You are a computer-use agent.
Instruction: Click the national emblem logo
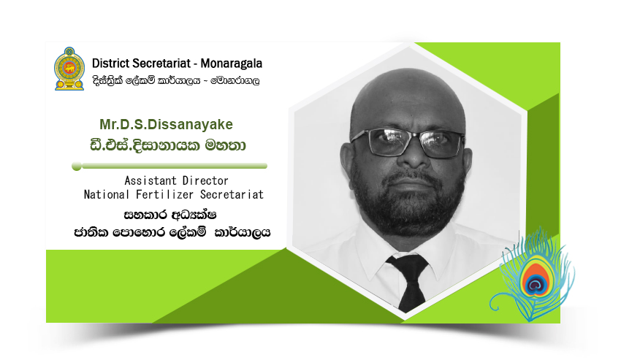pyautogui.click(x=69, y=69)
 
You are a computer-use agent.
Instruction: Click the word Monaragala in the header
pyautogui.click(x=232, y=64)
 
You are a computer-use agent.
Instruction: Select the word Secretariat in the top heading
pyautogui.click(x=161, y=64)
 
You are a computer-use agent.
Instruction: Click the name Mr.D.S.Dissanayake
pyautogui.click(x=166, y=124)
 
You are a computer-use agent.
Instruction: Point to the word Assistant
pyautogui.click(x=151, y=180)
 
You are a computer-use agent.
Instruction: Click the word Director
pyautogui.click(x=205, y=180)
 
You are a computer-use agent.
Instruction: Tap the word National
pyautogui.click(x=107, y=194)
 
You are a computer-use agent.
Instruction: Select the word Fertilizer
pyautogui.click(x=164, y=194)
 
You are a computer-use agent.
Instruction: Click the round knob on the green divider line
pyautogui.click(x=77, y=166)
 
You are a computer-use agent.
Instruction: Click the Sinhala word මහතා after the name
pyautogui.click(x=225, y=145)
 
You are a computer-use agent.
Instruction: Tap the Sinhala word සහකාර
pyautogui.click(x=145, y=215)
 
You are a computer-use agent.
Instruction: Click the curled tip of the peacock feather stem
pyautogui.click(x=493, y=305)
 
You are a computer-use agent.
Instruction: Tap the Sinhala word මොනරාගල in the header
pyautogui.click(x=235, y=81)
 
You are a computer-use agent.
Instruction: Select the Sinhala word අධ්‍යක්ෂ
pyautogui.click(x=194, y=215)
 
